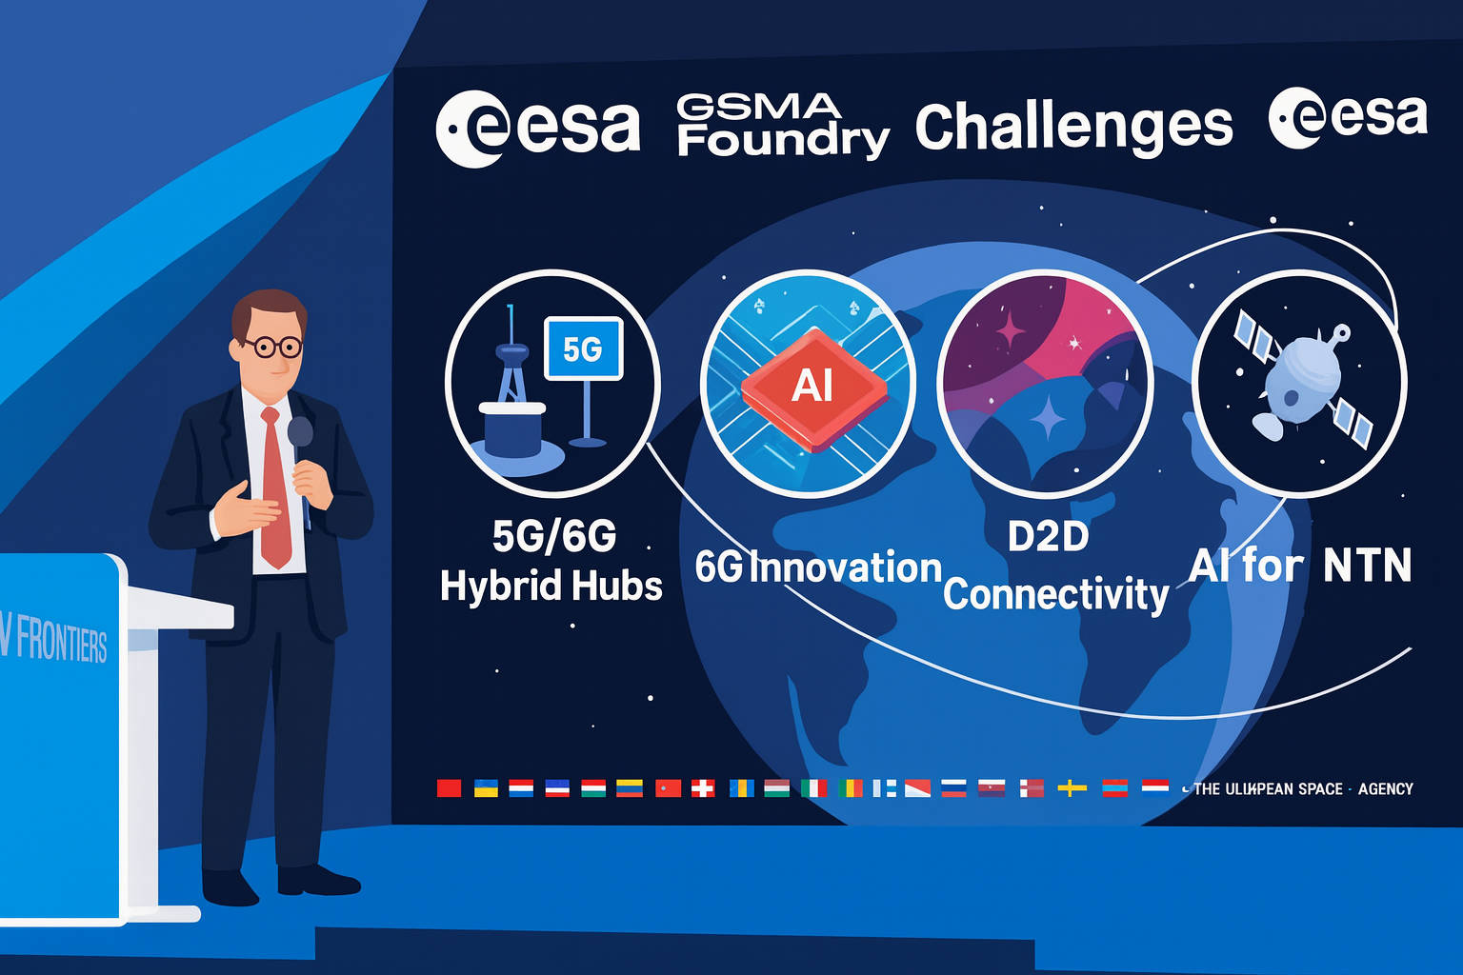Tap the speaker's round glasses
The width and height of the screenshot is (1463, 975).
coord(273,347)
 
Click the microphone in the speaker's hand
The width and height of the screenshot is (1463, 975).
coord(300,433)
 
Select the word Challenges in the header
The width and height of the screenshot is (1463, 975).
coord(1073,128)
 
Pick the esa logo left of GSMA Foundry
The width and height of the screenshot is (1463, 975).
coord(537,128)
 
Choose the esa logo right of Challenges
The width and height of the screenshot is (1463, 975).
coord(1348,117)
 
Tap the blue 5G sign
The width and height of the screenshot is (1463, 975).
coord(583,348)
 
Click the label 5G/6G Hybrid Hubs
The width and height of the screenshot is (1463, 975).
coord(551,562)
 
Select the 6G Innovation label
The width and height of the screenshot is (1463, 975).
coord(818,567)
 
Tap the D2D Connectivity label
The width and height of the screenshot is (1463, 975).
coord(1053,567)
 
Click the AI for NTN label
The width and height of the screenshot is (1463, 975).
coord(1300,566)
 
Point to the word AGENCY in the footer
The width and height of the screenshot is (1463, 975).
coord(1386,788)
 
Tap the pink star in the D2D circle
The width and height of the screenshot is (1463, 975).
coord(1010,331)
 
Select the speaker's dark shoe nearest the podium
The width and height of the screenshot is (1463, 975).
coord(229,887)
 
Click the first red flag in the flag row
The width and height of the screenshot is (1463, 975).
coord(449,787)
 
